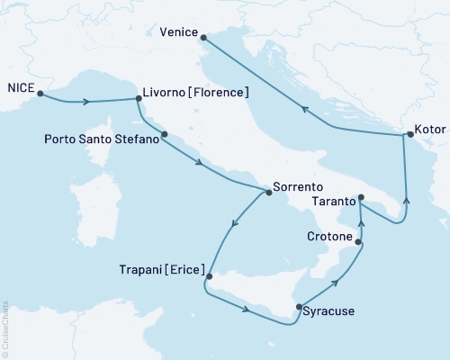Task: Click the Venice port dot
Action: click(204, 38)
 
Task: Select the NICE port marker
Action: click(40, 93)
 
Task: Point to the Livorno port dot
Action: click(136, 99)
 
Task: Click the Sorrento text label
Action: click(296, 191)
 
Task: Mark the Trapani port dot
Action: click(206, 277)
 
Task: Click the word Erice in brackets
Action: click(184, 268)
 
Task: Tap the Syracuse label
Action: click(328, 312)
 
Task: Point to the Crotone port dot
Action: click(359, 242)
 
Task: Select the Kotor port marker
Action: click(409, 135)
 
